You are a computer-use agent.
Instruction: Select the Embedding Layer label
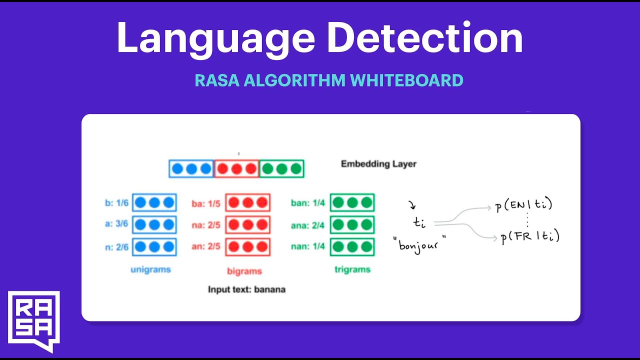click(x=378, y=164)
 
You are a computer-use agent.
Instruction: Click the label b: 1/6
click(x=116, y=203)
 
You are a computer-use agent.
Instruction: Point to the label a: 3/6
click(x=116, y=224)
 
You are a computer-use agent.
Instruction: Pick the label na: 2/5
click(x=206, y=225)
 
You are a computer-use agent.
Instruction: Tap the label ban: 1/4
click(x=308, y=203)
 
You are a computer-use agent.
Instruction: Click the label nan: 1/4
click(x=308, y=246)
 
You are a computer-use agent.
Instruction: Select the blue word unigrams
click(x=150, y=269)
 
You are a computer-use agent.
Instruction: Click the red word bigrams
click(x=244, y=271)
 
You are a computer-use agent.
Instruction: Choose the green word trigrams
click(x=352, y=269)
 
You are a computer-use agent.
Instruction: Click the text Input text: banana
click(x=247, y=289)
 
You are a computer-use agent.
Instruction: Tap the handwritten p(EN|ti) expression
click(x=523, y=205)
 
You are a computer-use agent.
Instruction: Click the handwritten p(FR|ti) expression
click(x=530, y=236)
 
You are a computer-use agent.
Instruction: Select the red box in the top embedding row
click(x=236, y=169)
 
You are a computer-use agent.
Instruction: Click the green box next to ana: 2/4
click(x=352, y=225)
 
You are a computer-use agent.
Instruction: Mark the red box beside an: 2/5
click(x=247, y=247)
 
